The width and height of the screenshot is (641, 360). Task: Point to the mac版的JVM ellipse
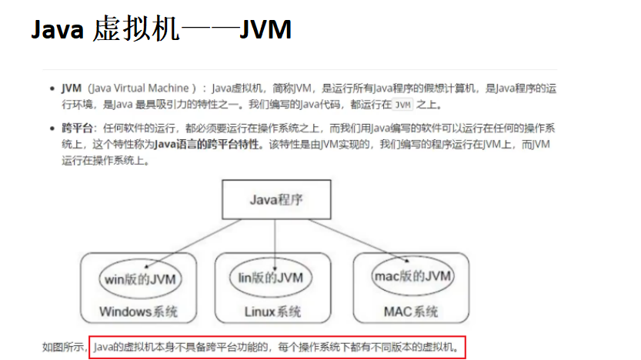[412, 276]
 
